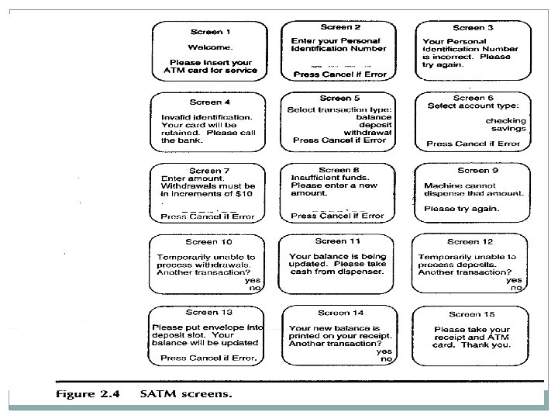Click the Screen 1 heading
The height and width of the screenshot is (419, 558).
tap(210, 32)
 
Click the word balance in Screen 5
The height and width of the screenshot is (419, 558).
tap(368, 116)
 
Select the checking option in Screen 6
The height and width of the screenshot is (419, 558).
tap(505, 120)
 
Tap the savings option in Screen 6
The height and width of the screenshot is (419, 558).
tap(508, 129)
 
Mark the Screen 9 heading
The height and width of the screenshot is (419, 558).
tap(473, 171)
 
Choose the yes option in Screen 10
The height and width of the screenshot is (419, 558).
tap(253, 280)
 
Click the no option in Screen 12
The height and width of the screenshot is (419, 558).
tap(515, 288)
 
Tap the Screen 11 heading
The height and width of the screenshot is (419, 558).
tap(339, 241)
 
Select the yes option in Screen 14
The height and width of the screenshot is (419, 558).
tap(384, 351)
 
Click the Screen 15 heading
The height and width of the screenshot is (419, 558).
tap(472, 313)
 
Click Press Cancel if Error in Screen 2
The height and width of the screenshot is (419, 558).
tap(339, 74)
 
